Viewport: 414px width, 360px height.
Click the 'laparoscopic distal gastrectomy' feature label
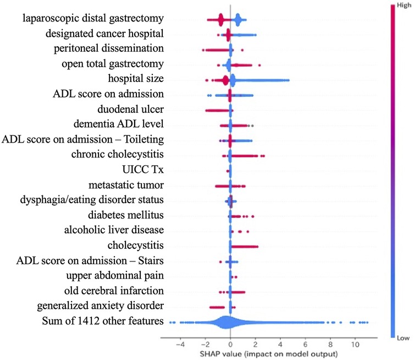coord(93,19)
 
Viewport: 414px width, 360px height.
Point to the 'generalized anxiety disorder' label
coord(101,304)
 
